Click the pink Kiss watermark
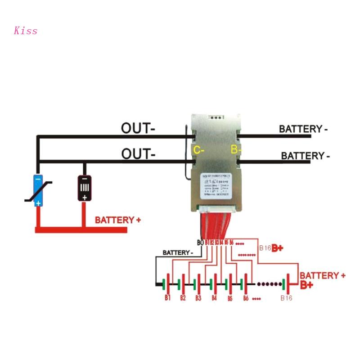(x=26, y=31)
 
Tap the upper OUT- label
(x=138, y=128)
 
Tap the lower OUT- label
(x=138, y=154)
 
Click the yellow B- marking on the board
(x=236, y=149)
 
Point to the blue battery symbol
(x=38, y=190)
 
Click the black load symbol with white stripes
(x=84, y=188)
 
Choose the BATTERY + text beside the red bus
(x=117, y=220)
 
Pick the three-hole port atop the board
(x=217, y=119)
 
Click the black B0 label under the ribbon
(x=200, y=243)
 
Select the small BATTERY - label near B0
(x=178, y=252)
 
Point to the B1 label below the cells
(x=167, y=298)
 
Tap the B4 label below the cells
(x=214, y=298)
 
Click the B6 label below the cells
(x=245, y=298)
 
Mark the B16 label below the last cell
(x=286, y=298)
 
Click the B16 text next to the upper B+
(x=265, y=248)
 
